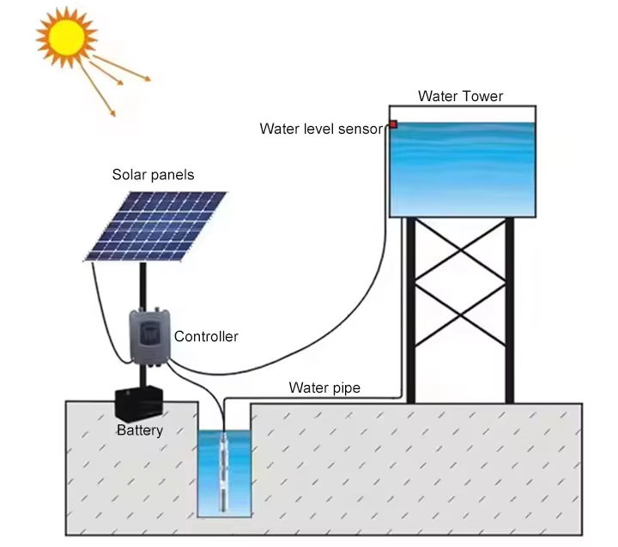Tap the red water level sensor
coord(392,125)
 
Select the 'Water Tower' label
coord(460,96)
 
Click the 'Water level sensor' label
coord(321,129)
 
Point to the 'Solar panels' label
coord(153,175)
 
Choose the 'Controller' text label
coord(206,337)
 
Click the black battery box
coord(138,404)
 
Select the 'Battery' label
coord(139,430)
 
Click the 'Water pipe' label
coord(324,388)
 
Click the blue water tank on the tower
coord(463,167)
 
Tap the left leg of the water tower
coord(411,310)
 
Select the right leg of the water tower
coord(509,310)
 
